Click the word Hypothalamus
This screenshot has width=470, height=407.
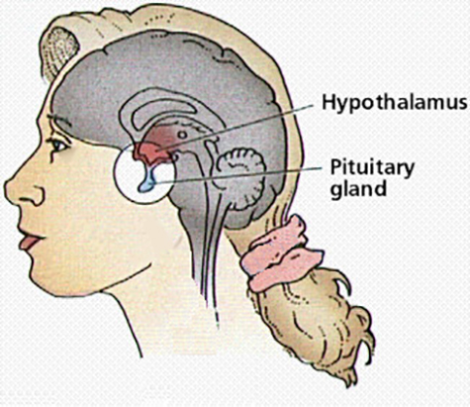pyautogui.click(x=395, y=101)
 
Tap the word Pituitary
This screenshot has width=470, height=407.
pyautogui.click(x=372, y=168)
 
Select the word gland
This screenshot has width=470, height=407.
pyautogui.click(x=358, y=188)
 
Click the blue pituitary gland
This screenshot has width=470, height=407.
pyautogui.click(x=146, y=181)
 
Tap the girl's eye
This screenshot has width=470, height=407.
pyautogui.click(x=58, y=145)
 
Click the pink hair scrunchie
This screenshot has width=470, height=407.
pyautogui.click(x=280, y=254)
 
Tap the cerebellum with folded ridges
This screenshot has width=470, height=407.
pyautogui.click(x=240, y=178)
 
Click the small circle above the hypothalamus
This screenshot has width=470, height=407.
pyautogui.click(x=182, y=135)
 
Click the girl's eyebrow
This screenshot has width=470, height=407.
pyautogui.click(x=59, y=122)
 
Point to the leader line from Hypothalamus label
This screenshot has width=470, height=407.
pyautogui.click(x=235, y=128)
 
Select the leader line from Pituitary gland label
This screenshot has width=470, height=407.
pyautogui.click(x=236, y=175)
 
